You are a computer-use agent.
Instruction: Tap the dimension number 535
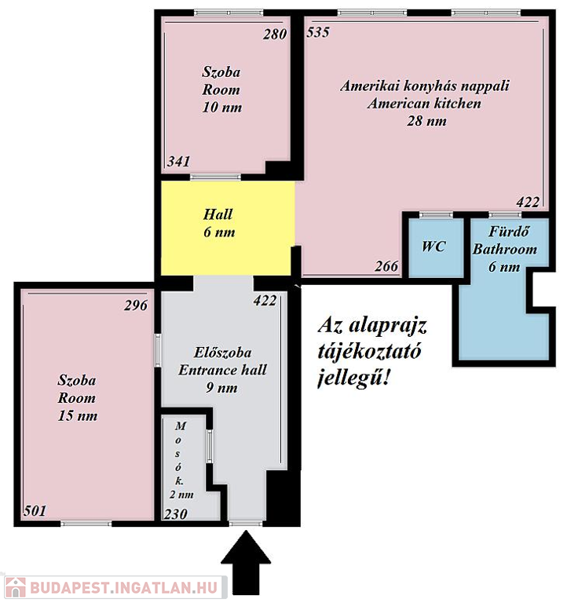(318, 32)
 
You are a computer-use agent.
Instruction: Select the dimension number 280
(275, 35)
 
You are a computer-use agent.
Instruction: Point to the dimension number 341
(179, 161)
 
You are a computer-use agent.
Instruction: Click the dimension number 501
(35, 510)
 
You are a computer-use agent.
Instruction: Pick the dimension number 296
(136, 305)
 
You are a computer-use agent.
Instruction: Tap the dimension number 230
(176, 514)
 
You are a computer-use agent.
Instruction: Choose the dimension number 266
(386, 265)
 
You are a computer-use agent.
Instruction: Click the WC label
(434, 246)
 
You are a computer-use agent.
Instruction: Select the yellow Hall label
(218, 214)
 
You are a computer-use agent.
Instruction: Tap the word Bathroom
(505, 249)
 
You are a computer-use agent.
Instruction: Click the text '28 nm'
(426, 121)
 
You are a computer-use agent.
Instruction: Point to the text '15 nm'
(78, 415)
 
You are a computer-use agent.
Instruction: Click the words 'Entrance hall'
(222, 370)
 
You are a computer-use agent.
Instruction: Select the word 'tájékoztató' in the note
(370, 352)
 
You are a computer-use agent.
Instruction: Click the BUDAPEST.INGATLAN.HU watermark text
(124, 588)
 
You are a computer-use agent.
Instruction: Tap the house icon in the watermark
(16, 588)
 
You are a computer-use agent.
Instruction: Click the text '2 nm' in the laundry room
(181, 495)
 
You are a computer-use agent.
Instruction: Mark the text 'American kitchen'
(424, 103)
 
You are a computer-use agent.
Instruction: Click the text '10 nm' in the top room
(222, 107)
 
